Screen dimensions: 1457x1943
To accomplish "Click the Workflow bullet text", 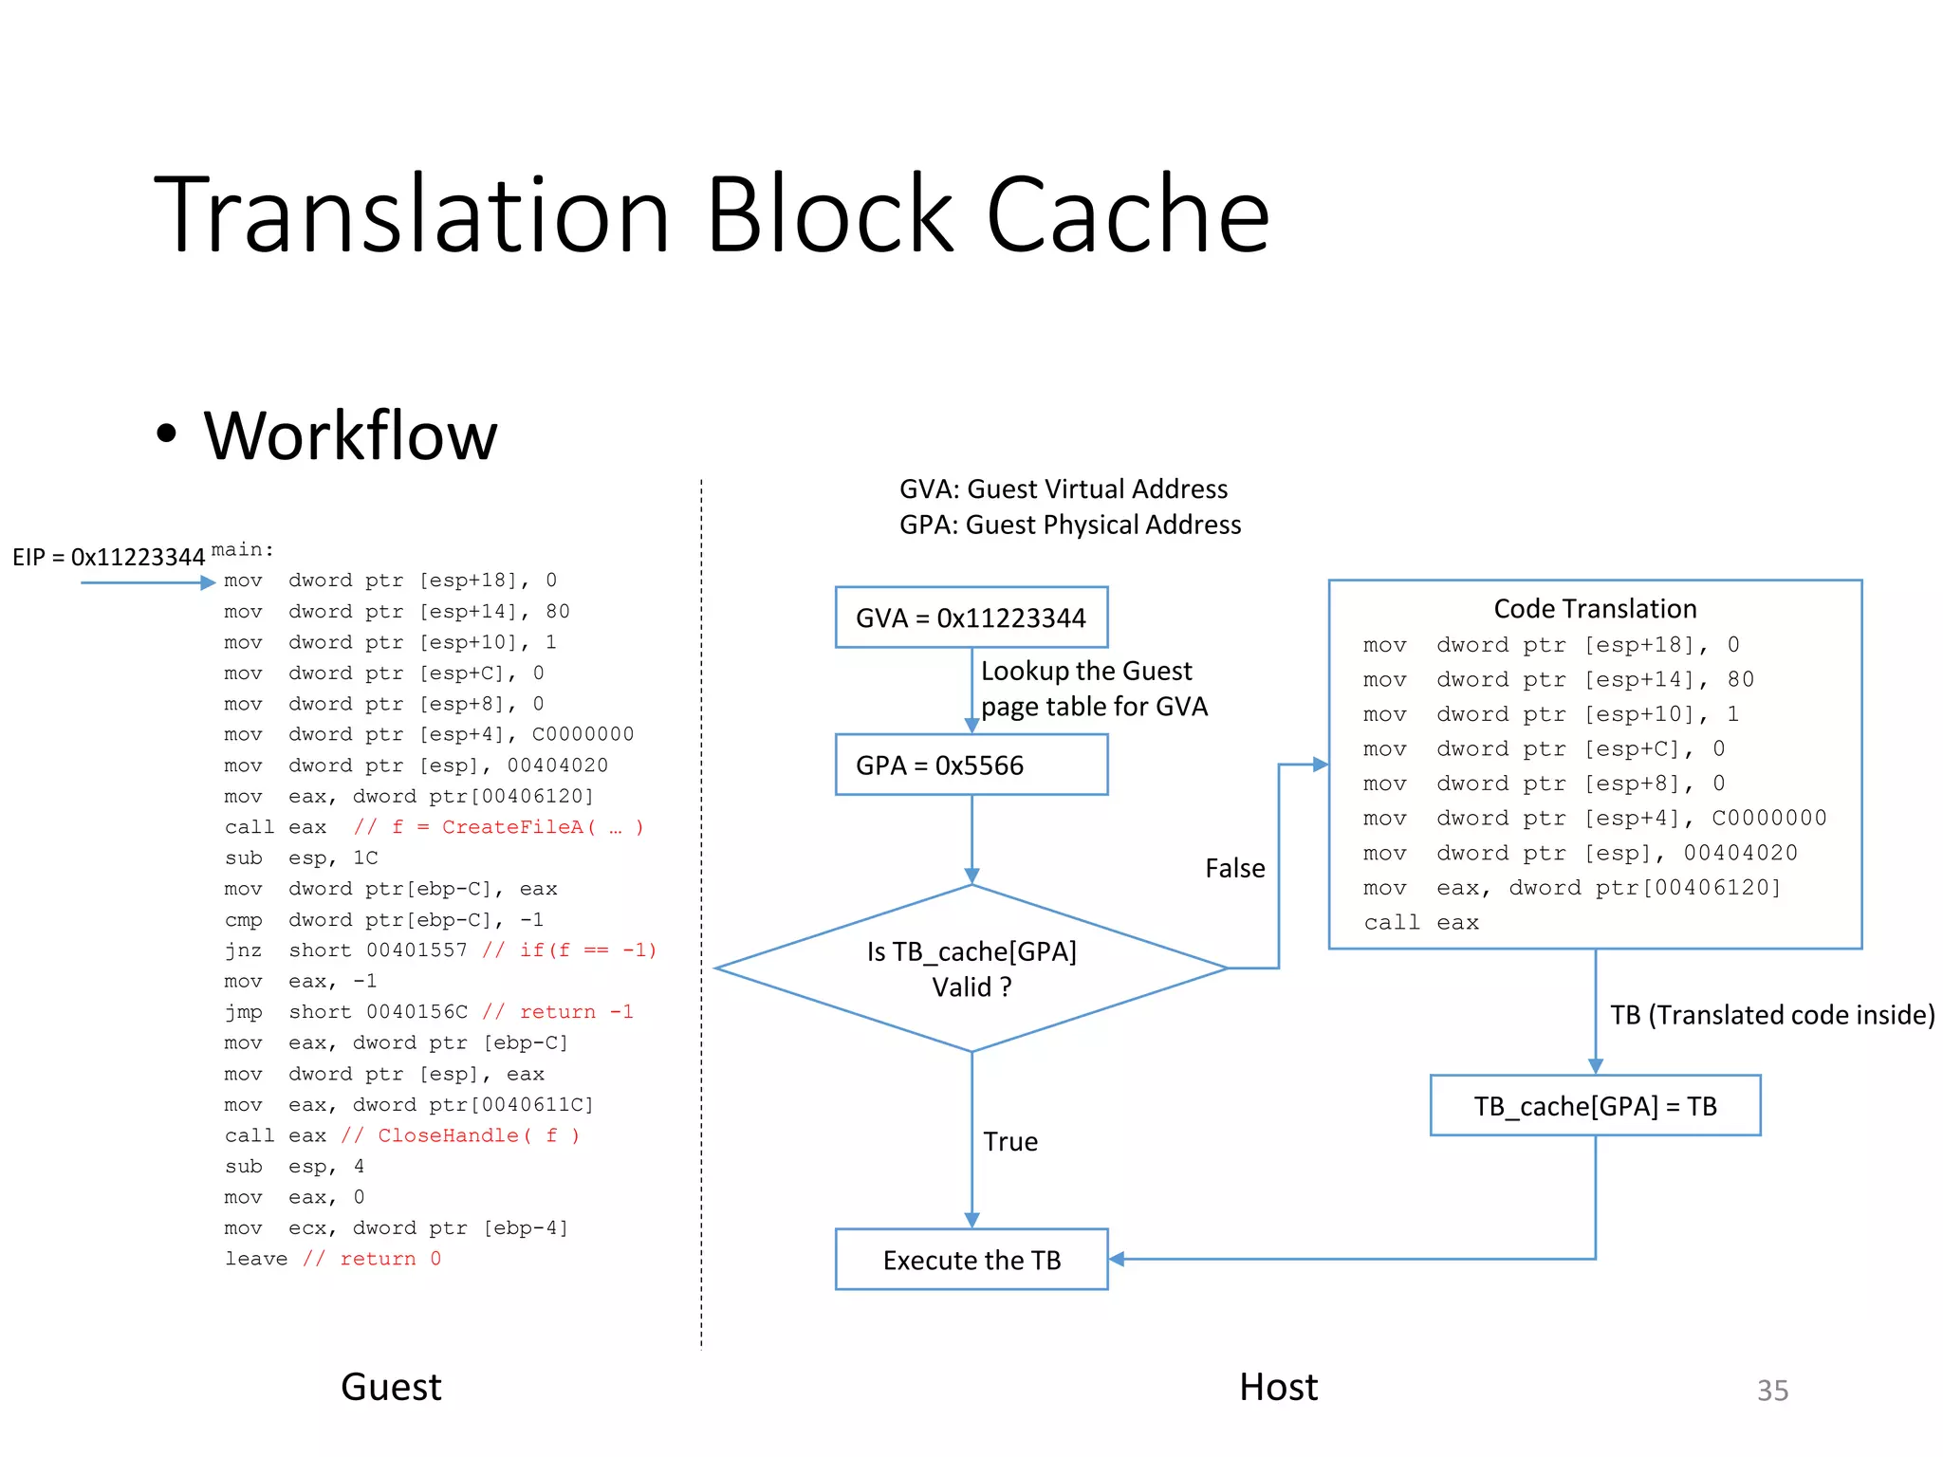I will (350, 436).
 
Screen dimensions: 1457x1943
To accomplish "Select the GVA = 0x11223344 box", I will (971, 618).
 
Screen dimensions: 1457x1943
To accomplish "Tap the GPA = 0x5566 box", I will (971, 765).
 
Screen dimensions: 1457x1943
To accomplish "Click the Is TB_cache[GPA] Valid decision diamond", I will (971, 968).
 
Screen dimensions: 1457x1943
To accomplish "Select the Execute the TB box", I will (971, 1260).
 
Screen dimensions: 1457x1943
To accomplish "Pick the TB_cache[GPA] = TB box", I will (1595, 1106).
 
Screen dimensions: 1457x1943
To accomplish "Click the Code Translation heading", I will (1595, 609).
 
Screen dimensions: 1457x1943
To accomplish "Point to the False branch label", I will (1234, 868).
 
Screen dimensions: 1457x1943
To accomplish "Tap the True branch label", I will (1009, 1141).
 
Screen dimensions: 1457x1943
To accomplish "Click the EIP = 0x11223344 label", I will (108, 557).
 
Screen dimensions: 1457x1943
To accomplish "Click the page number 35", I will (1772, 1391).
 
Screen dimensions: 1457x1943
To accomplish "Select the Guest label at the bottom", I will (391, 1388).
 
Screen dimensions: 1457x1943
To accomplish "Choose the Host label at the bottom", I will (1278, 1388).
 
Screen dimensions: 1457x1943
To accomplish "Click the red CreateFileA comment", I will (499, 827).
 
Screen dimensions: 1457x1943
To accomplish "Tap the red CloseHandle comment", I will (460, 1135).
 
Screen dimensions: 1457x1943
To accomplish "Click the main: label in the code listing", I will (242, 550).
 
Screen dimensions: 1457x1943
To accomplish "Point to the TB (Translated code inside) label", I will (1771, 1015).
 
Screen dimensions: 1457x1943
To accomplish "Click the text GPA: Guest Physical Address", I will (1069, 525).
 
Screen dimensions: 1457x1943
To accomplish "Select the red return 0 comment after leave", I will (372, 1259).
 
